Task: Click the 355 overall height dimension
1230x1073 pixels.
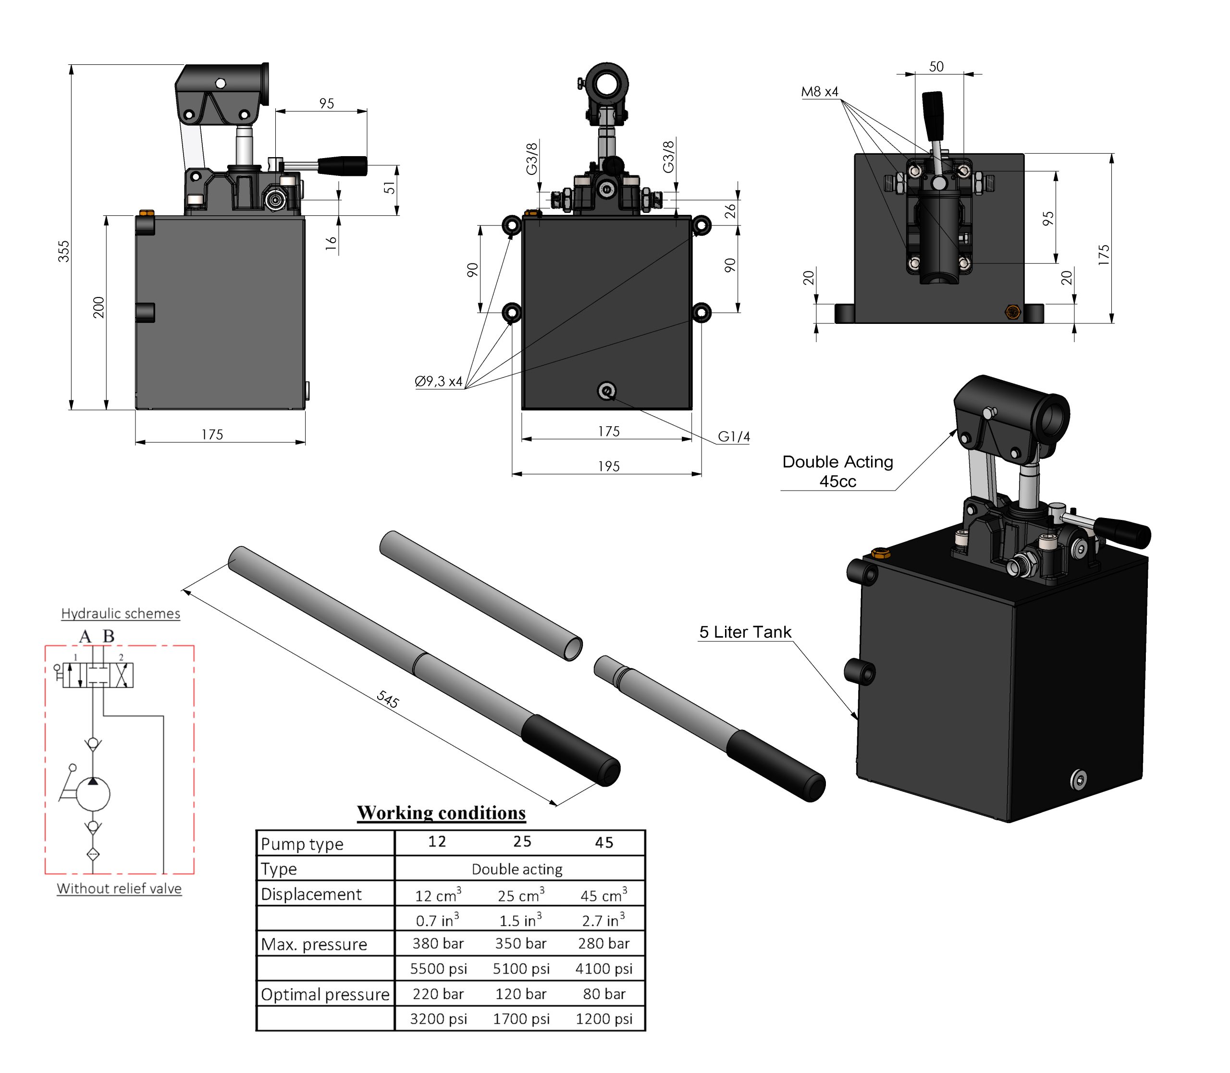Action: [x=63, y=251]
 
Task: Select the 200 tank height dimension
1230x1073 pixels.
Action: [x=99, y=307]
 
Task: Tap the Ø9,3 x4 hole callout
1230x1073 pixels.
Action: [x=439, y=381]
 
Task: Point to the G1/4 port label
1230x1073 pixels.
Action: [x=734, y=436]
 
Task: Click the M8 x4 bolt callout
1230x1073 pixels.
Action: [x=819, y=92]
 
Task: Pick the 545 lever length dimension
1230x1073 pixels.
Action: [x=388, y=699]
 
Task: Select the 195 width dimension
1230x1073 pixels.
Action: [x=608, y=466]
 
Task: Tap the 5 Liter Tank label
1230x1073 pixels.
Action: [x=745, y=632]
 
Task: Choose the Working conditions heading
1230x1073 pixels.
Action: [x=442, y=813]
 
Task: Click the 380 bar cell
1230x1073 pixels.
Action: [x=438, y=944]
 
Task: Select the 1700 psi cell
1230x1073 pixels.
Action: [x=521, y=1019]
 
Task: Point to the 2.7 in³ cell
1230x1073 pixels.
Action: [x=603, y=919]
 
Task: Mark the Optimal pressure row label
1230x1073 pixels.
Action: [x=325, y=995]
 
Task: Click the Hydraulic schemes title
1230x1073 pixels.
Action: [x=121, y=613]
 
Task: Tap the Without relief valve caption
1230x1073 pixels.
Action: [x=119, y=888]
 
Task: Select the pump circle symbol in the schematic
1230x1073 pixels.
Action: [x=93, y=793]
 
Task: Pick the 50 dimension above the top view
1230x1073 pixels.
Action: [x=936, y=66]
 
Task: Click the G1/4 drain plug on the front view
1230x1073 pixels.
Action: [x=607, y=392]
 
